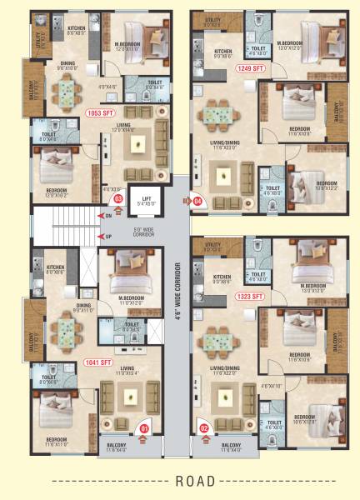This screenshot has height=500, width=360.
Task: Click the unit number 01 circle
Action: pos(143,430)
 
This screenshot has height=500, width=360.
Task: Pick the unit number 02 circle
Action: pos(205,430)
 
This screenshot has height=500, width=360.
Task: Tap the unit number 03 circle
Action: pos(118,198)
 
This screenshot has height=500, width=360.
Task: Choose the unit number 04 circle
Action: pos(198,201)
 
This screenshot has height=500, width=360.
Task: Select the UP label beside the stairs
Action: pos(108,237)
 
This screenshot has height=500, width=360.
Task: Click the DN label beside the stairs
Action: pos(108,216)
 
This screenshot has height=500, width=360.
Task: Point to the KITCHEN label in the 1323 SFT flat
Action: pos(222,278)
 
